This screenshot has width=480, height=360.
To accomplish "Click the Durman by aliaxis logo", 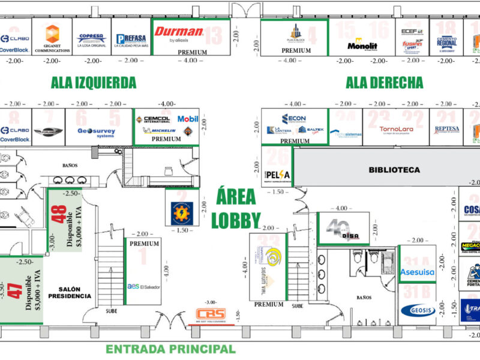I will click(x=179, y=34).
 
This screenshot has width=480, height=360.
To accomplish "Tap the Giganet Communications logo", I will click(x=52, y=38).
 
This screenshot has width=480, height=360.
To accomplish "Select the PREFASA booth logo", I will click(x=131, y=40).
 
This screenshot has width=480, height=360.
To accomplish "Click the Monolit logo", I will click(x=362, y=45).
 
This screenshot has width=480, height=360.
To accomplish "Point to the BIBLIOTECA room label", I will click(x=394, y=170).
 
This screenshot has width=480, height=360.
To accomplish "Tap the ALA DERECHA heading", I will click(x=384, y=82).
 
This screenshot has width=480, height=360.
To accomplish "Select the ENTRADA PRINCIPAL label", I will click(x=170, y=349).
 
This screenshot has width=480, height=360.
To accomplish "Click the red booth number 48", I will click(x=60, y=215).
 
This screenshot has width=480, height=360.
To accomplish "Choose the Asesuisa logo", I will click(x=418, y=272).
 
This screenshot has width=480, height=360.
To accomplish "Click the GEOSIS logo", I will click(x=418, y=310).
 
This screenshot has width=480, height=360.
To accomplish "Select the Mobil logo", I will click(x=187, y=119).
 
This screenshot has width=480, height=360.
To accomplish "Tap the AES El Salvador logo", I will click(x=142, y=286).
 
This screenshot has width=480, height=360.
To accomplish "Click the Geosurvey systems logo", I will click(x=96, y=132).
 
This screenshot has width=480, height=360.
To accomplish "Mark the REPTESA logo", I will click(x=446, y=129).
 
